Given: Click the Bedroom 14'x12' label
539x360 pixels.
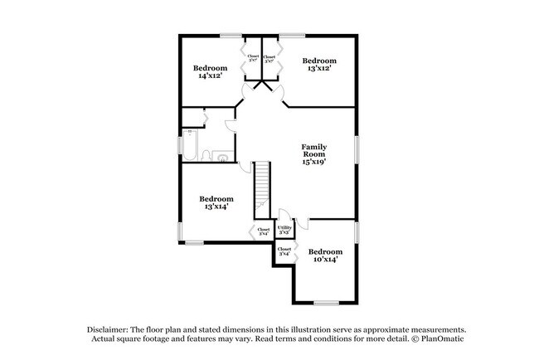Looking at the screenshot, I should pyautogui.click(x=210, y=71).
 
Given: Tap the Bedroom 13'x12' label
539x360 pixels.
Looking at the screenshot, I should pyautogui.click(x=319, y=65).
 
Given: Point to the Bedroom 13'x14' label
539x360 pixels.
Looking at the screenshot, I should pyautogui.click(x=216, y=202).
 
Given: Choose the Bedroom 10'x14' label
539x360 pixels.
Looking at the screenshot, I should pyautogui.click(x=325, y=255).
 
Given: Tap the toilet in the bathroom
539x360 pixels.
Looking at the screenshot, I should pyautogui.click(x=223, y=156).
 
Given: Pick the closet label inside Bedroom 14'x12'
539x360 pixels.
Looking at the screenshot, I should pyautogui.click(x=253, y=59).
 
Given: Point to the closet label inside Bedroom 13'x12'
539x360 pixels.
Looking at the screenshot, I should pyautogui.click(x=269, y=59).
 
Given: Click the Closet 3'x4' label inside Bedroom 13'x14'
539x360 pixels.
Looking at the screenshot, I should pyautogui.click(x=263, y=231).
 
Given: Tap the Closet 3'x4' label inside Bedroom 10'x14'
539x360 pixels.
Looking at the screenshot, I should pyautogui.click(x=284, y=251).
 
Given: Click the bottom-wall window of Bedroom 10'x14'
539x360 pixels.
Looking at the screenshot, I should pyautogui.click(x=325, y=303).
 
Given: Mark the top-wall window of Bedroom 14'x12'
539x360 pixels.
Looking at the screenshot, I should pyautogui.click(x=231, y=35).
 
